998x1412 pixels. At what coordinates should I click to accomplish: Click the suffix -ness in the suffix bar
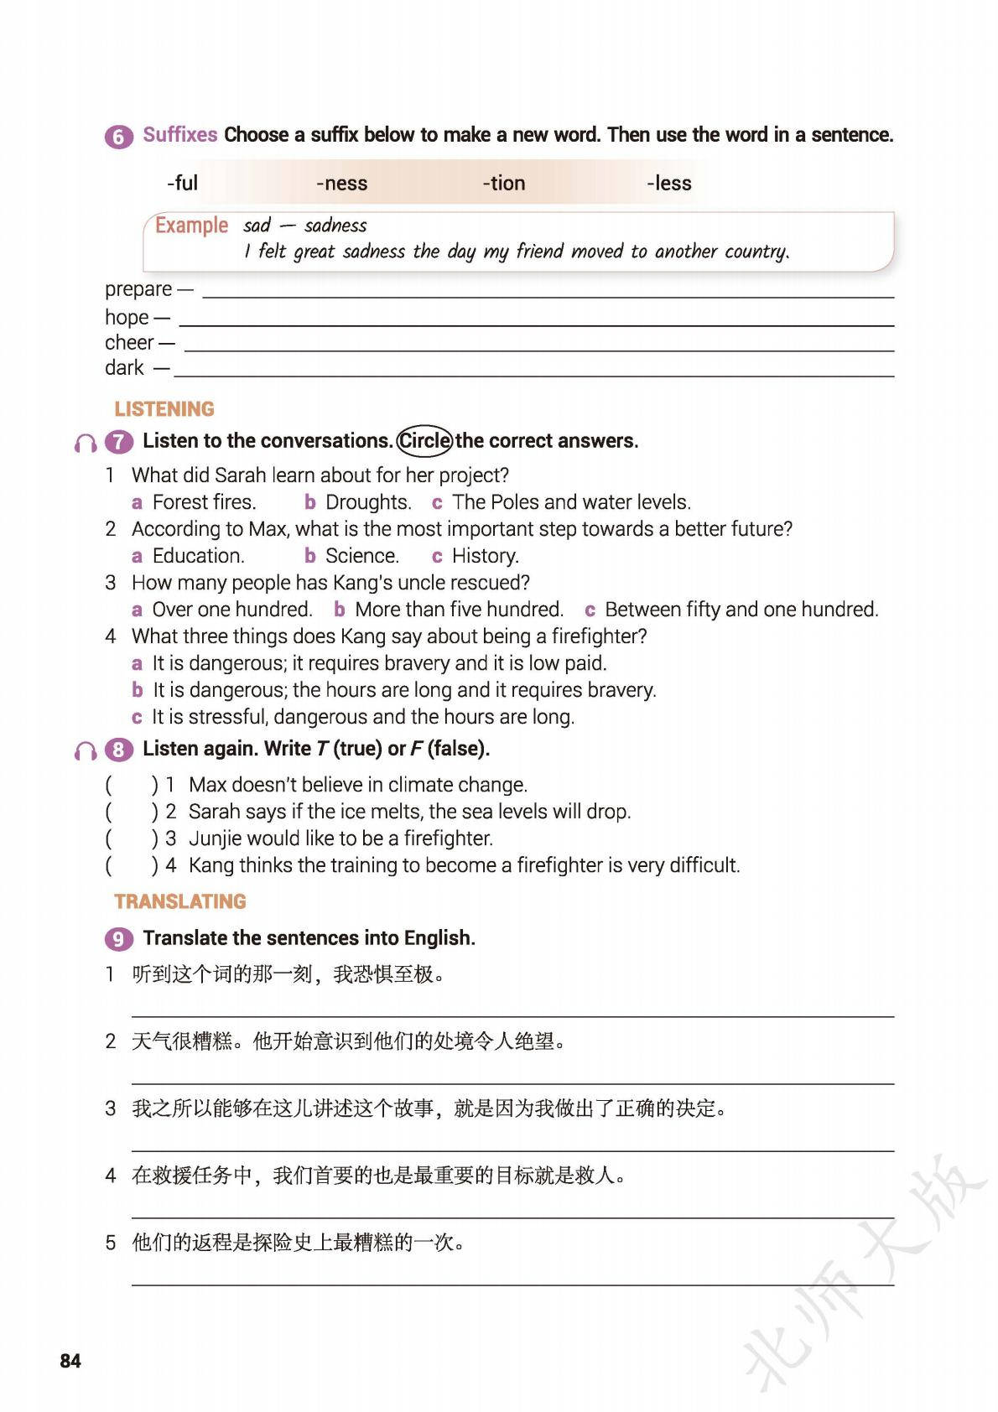point(341,183)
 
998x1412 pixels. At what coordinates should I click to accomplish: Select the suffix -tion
point(503,183)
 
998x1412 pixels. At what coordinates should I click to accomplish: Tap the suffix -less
point(668,183)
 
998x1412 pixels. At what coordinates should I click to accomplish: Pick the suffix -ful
point(182,183)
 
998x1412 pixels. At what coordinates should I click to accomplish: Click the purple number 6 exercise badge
point(118,136)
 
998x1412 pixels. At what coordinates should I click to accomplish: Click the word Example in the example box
point(191,226)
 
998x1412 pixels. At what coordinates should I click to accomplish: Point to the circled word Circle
point(424,441)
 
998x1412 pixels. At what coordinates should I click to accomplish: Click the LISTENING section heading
point(164,409)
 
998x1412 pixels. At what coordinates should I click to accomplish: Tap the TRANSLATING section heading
point(180,901)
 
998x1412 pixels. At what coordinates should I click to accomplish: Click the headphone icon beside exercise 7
point(86,443)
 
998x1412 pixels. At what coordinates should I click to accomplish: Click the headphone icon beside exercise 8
point(86,750)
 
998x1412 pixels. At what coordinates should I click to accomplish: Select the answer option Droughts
point(367,502)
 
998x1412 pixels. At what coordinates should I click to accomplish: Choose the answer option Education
point(198,556)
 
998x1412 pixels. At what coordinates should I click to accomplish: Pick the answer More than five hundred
point(458,610)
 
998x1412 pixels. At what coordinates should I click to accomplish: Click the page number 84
point(70,1360)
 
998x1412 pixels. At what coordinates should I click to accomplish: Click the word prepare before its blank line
point(138,289)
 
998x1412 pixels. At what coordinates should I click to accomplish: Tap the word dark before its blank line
point(124,368)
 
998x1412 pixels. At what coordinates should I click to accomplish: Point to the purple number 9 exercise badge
point(118,938)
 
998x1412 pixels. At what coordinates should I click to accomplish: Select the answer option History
point(485,556)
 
